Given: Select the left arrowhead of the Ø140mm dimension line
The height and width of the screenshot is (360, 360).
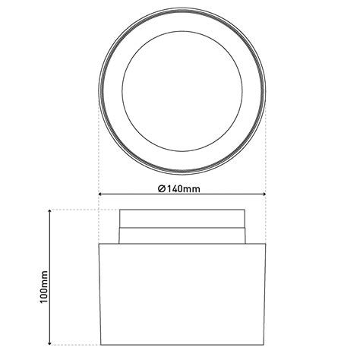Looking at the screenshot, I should tap(102, 195).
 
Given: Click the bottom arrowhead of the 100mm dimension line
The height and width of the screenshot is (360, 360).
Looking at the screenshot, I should tap(49, 343).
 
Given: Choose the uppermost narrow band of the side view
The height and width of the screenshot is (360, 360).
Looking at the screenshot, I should tap(183, 218).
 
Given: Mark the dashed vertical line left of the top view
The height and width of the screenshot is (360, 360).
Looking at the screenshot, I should tap(99, 152).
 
